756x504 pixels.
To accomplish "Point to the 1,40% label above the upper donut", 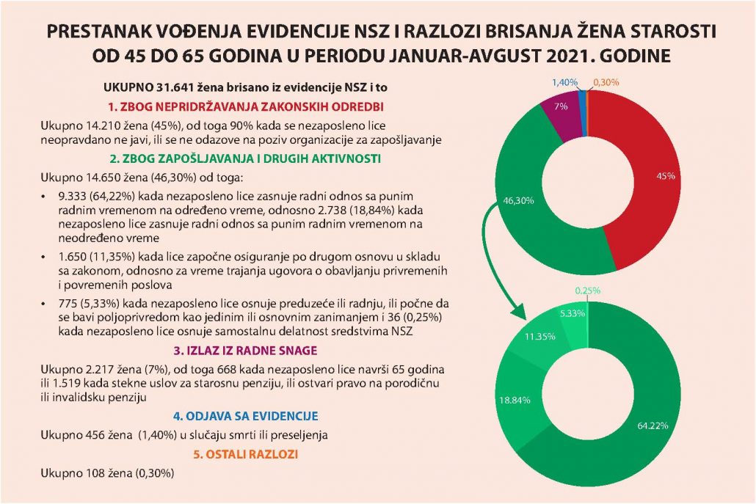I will click(563, 82).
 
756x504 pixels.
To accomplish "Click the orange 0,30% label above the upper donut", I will click(606, 82).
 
